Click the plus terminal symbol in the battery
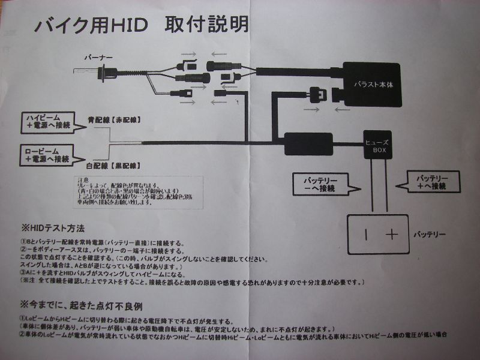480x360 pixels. [392, 234]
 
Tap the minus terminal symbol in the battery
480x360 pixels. [365, 234]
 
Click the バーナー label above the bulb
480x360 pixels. [97, 58]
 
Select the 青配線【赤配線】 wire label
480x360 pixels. [114, 119]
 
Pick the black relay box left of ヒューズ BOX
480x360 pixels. [308, 143]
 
